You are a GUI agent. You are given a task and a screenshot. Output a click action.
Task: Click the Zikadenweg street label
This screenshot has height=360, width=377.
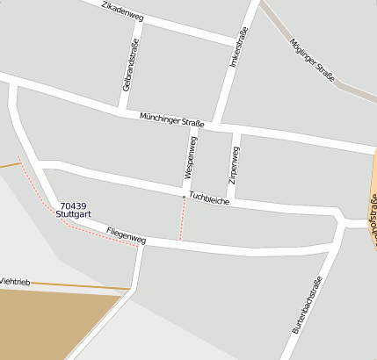[x=123, y=11]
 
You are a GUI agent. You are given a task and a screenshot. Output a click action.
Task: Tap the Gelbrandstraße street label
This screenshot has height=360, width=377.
[x=130, y=66]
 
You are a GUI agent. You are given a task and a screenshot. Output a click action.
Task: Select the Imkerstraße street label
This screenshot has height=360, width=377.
[x=237, y=48]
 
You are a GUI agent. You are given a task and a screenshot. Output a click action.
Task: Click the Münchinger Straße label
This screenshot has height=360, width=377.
[x=171, y=120]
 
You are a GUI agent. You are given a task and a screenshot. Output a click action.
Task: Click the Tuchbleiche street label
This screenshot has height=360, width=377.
[x=209, y=199]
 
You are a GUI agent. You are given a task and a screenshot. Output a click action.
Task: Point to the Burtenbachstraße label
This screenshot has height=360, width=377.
[x=307, y=305]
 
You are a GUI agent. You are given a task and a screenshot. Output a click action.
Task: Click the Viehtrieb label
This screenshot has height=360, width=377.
[x=15, y=281]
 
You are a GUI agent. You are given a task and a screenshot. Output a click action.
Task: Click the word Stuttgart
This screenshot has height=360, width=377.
[x=76, y=213]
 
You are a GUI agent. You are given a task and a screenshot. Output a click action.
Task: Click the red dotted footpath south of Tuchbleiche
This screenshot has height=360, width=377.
[x=181, y=220]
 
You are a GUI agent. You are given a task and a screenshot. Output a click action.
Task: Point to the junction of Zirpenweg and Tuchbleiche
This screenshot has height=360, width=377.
[x=230, y=200]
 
